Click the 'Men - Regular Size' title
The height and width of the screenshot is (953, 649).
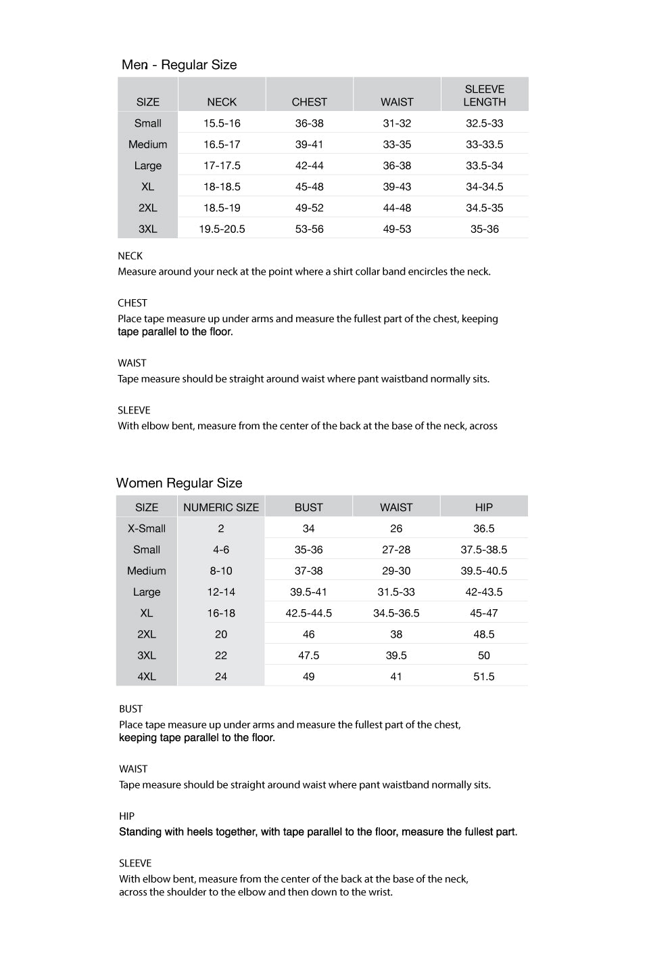[179, 65]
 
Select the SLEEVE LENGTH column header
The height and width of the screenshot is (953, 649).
[484, 95]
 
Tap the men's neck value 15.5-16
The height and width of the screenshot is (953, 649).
[222, 123]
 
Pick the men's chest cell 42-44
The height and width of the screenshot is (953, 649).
[309, 166]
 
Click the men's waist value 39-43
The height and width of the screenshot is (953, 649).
[397, 187]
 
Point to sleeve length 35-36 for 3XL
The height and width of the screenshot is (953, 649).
[484, 229]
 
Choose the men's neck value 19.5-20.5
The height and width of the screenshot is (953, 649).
[222, 229]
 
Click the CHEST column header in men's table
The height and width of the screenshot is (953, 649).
[309, 102]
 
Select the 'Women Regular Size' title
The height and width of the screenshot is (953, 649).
[179, 483]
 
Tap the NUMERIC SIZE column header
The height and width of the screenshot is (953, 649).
[221, 508]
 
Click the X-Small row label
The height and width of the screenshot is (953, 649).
[147, 529]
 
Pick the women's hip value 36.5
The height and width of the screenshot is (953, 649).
[483, 529]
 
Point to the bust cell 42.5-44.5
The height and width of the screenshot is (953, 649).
[308, 613]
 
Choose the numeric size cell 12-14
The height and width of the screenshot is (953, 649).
[221, 592]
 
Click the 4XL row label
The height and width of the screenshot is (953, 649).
[147, 677]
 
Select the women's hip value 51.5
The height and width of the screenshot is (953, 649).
[483, 677]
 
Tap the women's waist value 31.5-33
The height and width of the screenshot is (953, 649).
[396, 592]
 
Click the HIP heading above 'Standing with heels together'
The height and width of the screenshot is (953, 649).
[127, 816]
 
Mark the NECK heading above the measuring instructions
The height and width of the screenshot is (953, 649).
[130, 256]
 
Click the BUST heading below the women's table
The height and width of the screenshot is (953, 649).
[131, 709]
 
